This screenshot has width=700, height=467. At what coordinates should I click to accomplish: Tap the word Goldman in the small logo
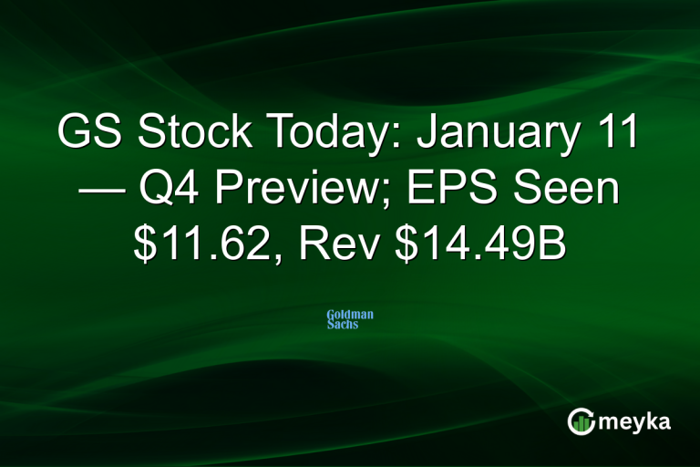pyautogui.click(x=350, y=315)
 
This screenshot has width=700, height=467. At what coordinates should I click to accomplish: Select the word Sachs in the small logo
pyautogui.click(x=343, y=324)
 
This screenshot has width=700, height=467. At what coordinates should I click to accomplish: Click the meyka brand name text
pyautogui.click(x=635, y=422)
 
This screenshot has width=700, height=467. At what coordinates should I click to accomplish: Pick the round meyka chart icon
pyautogui.click(x=582, y=421)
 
